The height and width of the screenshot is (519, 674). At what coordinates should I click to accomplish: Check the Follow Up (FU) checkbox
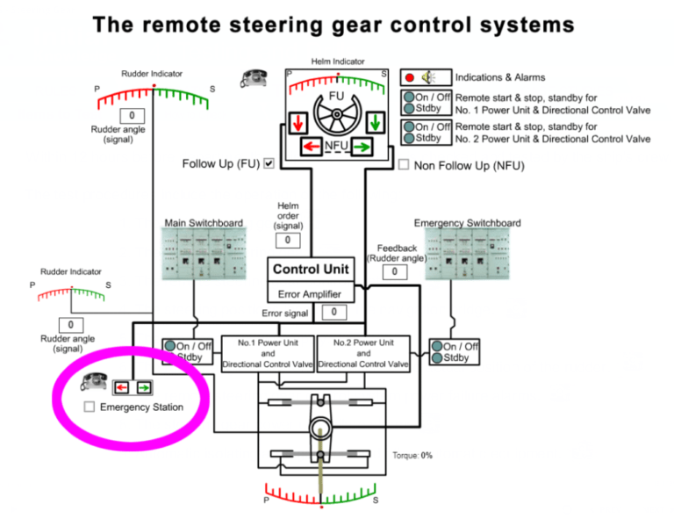click(x=269, y=163)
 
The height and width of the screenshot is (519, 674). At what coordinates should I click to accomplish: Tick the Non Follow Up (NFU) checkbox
click(x=404, y=164)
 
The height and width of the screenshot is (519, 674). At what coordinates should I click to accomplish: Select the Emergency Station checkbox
click(x=89, y=407)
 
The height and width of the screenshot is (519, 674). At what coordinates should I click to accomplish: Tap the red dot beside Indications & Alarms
click(x=410, y=77)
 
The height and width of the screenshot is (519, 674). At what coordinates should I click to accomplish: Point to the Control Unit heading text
click(x=310, y=270)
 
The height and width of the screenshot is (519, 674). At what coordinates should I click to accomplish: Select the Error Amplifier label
click(x=310, y=294)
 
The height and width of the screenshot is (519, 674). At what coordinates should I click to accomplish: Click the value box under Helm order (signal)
click(x=287, y=240)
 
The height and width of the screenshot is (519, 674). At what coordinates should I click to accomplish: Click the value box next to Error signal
click(x=333, y=312)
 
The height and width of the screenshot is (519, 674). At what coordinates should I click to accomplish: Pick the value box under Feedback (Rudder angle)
click(x=395, y=272)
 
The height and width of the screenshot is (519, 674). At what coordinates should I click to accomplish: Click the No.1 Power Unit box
click(x=268, y=353)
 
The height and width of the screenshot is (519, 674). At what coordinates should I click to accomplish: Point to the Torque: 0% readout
click(x=412, y=456)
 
